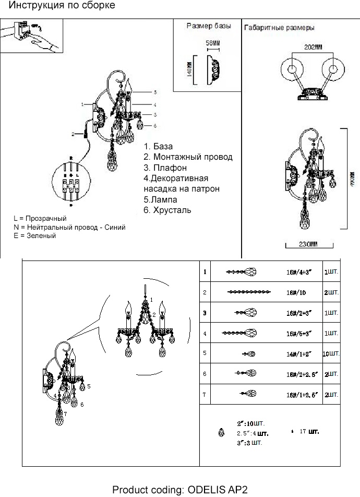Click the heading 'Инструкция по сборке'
coord(62,6)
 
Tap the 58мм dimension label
coord(212,42)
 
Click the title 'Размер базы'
coord(207,26)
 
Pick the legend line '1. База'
coord(158,147)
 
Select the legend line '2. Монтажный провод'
coord(188,157)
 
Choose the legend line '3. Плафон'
coord(165,168)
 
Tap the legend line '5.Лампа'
coord(160,200)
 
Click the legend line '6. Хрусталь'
coord(167,210)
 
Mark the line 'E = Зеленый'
coord(35,236)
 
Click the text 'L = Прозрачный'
coord(40,218)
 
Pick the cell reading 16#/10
coord(295,293)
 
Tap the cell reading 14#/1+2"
coord(298,354)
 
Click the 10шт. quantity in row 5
coord(331,354)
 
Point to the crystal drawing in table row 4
coord(239,333)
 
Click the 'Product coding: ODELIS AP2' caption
coord(179,490)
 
